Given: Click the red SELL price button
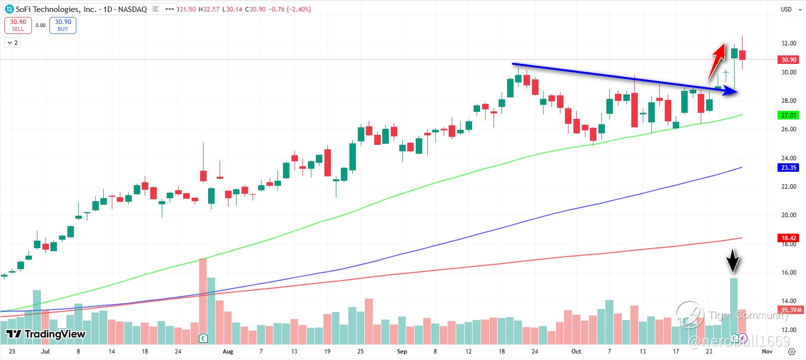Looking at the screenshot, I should pyautogui.click(x=18, y=25).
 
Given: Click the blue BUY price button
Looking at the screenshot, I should pyautogui.click(x=63, y=25).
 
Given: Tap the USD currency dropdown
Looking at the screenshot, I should pyautogui.click(x=789, y=9).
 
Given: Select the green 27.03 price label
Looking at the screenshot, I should pyautogui.click(x=789, y=115).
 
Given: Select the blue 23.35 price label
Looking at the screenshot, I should pyautogui.click(x=789, y=168).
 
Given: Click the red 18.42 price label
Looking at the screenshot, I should pyautogui.click(x=789, y=239).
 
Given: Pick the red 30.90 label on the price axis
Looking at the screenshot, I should pyautogui.click(x=789, y=60).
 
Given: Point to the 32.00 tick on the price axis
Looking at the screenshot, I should pyautogui.click(x=789, y=43).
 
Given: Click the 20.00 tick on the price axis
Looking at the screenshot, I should pyautogui.click(x=789, y=215).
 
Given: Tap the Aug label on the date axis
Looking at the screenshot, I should pyautogui.click(x=228, y=352).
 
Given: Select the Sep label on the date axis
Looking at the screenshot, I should pyautogui.click(x=402, y=352).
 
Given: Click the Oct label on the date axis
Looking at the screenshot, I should pyautogui.click(x=576, y=352).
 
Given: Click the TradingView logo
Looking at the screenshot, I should pyautogui.click(x=46, y=334).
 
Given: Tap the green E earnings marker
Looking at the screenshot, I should pyautogui.click(x=203, y=338).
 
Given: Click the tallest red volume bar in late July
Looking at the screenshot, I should pyautogui.click(x=203, y=295).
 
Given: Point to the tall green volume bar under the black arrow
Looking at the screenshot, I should pyautogui.click(x=734, y=305).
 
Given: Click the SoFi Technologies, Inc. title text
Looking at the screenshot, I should pyautogui.click(x=47, y=9).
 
